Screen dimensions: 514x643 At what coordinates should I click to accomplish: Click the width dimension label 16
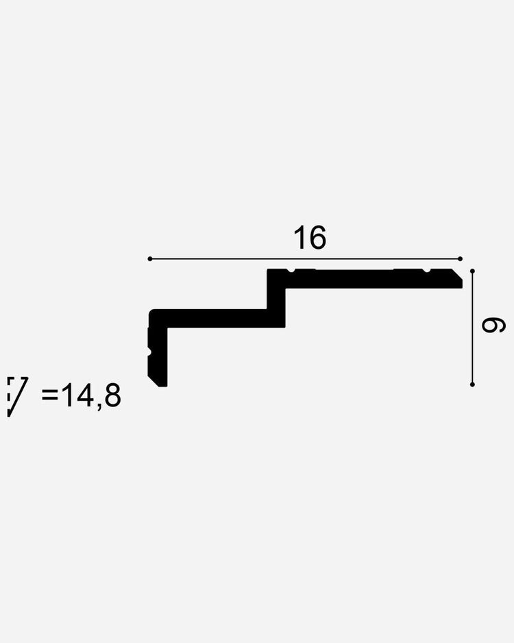[x=310, y=237]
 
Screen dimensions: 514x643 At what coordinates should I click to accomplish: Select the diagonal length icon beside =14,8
[x=17, y=396]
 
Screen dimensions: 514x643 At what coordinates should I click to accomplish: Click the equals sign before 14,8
[x=50, y=396]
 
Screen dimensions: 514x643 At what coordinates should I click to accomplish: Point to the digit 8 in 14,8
[x=112, y=396]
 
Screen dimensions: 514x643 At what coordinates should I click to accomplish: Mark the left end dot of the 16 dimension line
[x=150, y=258]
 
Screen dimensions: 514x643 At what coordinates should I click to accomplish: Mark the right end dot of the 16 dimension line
[x=461, y=258]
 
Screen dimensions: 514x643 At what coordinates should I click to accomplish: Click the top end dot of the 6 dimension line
[x=473, y=271]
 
